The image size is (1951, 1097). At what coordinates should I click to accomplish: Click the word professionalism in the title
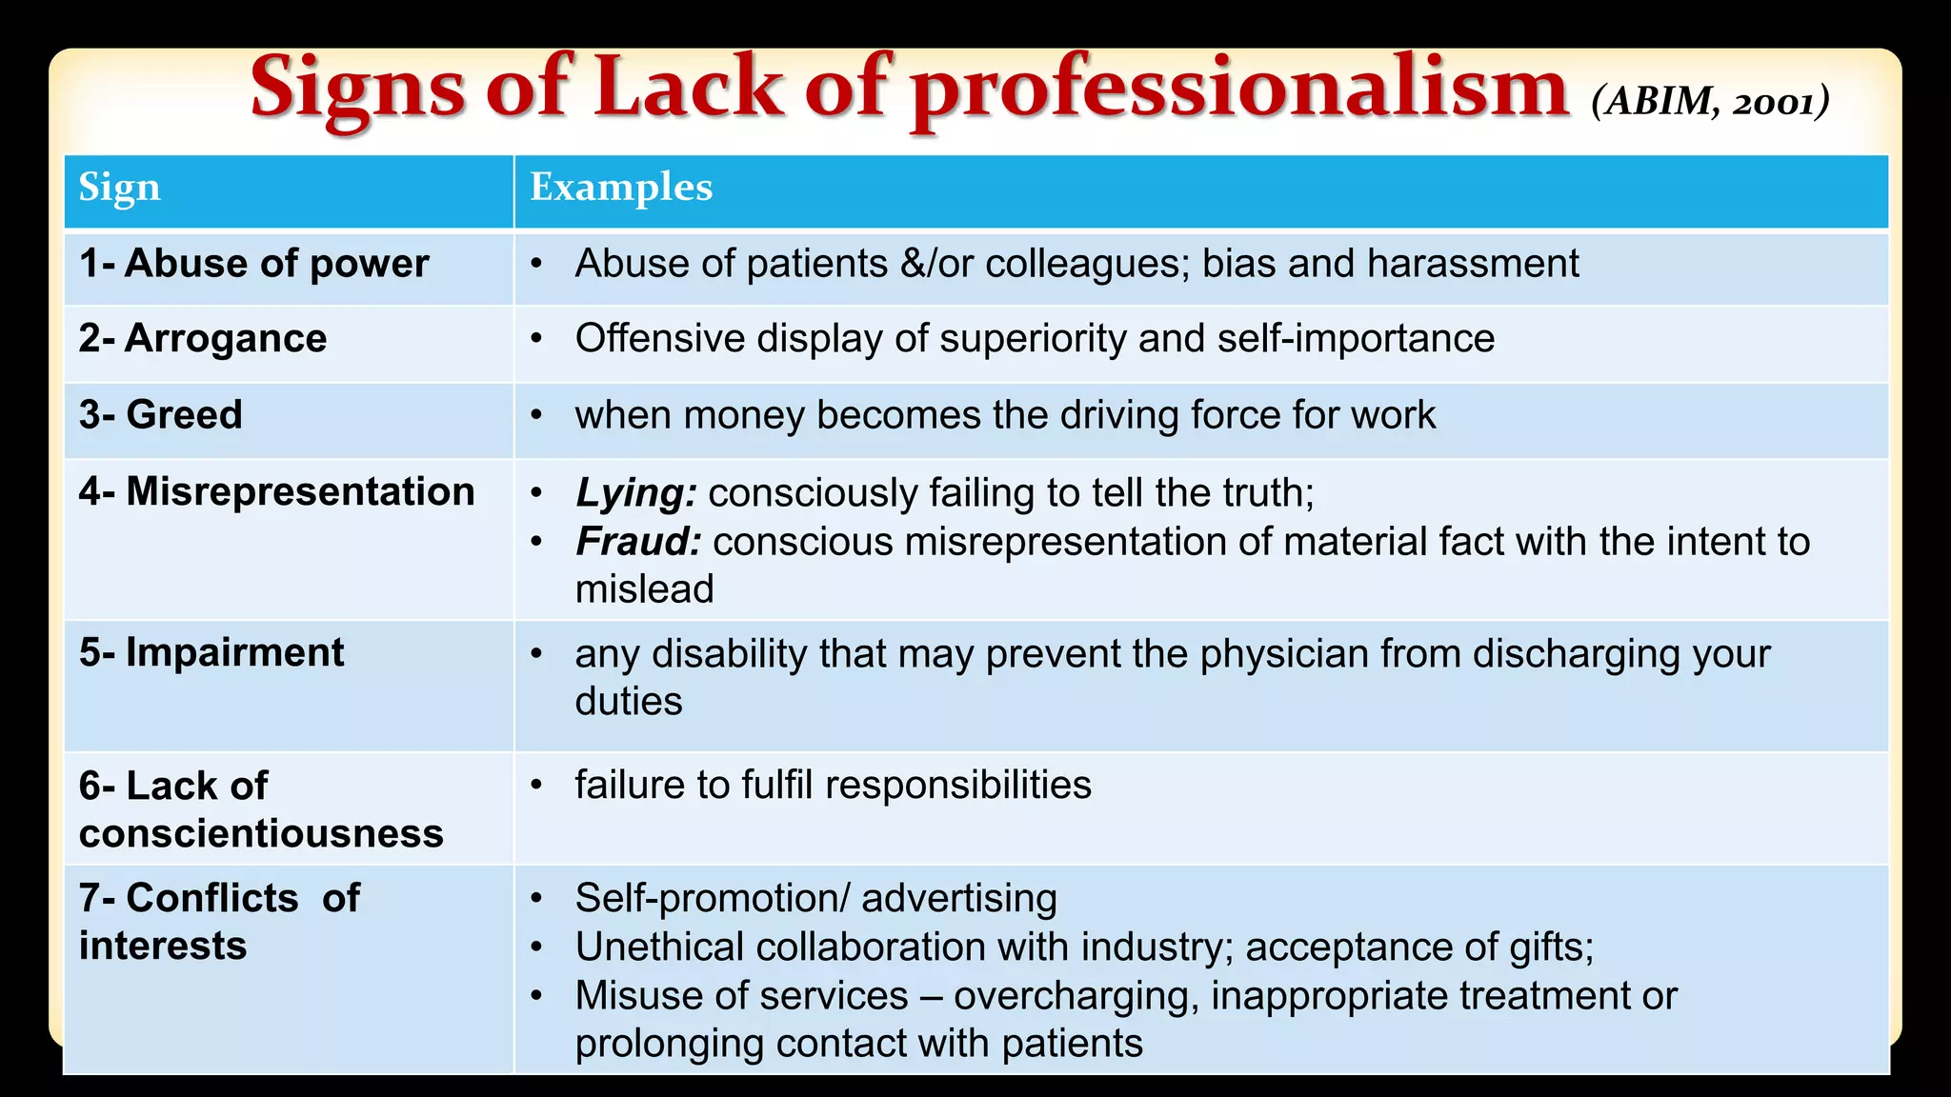[x=1238, y=90]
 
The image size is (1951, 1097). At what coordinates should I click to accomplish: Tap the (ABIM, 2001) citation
[x=1710, y=101]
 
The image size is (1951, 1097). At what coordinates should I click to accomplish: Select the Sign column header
[x=119, y=188]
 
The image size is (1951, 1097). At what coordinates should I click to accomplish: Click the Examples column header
[x=621, y=188]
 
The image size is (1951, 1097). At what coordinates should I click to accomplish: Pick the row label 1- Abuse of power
[x=253, y=264]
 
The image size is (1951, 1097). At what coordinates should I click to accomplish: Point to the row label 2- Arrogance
[x=202, y=339]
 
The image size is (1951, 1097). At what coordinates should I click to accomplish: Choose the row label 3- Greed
[x=160, y=415]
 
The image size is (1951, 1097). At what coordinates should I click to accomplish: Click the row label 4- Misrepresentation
[x=276, y=492]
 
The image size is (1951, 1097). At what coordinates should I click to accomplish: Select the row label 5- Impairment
[x=211, y=653]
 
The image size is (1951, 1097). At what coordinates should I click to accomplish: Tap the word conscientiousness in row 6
[x=261, y=833]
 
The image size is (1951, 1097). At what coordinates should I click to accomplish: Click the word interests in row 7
[x=163, y=946]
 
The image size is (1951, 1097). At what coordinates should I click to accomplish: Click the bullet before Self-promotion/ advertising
[x=537, y=898]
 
